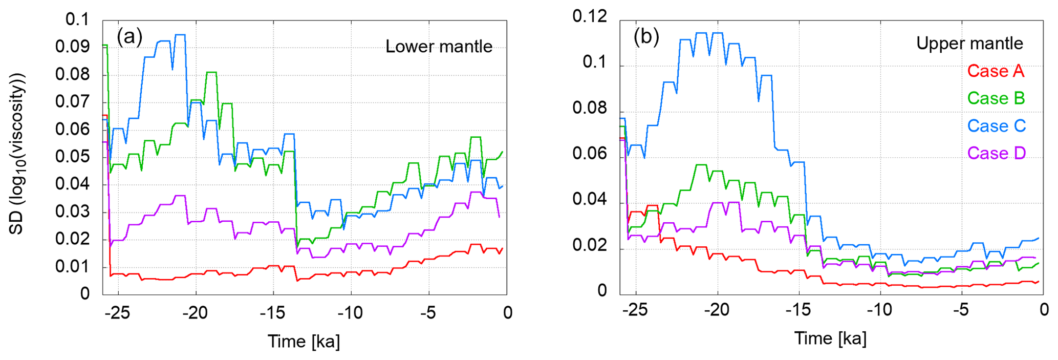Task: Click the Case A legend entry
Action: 996,71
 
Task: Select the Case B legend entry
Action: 996,98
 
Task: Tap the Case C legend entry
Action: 996,126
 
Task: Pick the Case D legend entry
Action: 996,153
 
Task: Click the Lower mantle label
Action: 439,47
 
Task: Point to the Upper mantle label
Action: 969,44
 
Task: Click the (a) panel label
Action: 129,37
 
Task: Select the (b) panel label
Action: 646,37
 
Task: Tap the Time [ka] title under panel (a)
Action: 304,342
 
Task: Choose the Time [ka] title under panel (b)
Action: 830,338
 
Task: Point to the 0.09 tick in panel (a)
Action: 72,47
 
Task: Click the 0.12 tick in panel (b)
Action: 589,16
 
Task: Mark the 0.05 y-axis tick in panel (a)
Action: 72,157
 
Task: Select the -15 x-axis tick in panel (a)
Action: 272,312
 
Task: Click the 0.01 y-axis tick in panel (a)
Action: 72,267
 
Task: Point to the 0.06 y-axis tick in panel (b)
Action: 589,154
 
